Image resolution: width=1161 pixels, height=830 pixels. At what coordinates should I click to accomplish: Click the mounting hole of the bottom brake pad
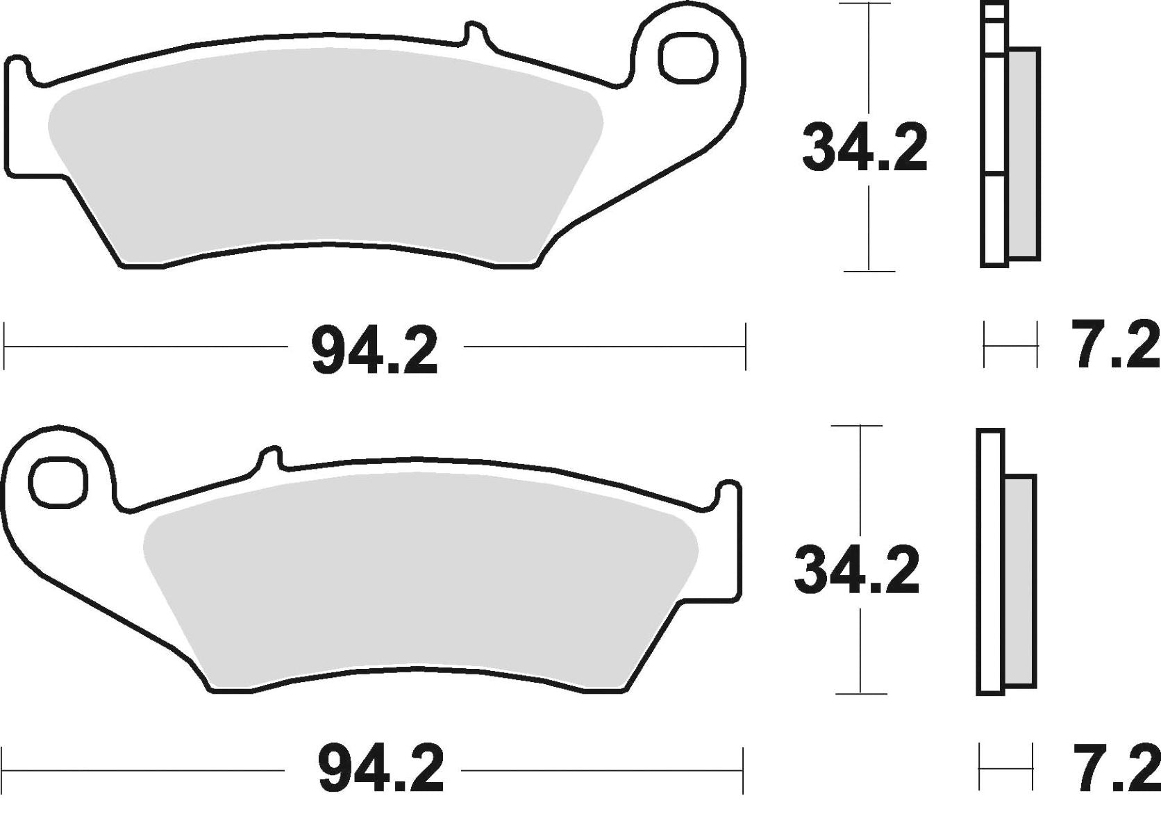point(58,481)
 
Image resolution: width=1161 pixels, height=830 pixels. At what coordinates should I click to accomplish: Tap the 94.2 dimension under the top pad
point(374,352)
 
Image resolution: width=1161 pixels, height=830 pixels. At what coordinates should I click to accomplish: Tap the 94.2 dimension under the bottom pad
point(381,771)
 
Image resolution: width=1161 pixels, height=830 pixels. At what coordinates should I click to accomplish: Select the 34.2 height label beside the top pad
point(865,149)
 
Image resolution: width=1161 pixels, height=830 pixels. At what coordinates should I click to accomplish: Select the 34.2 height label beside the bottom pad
point(857,572)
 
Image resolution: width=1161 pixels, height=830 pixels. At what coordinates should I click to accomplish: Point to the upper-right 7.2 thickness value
point(1114,345)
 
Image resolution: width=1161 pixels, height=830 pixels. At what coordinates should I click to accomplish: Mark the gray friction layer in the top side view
point(1024,153)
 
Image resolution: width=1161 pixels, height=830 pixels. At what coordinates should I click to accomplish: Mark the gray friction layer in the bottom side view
point(1019,580)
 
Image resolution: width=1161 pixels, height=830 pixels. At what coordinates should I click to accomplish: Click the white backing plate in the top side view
point(994,208)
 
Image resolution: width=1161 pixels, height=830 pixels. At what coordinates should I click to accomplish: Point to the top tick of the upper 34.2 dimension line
point(865,4)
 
